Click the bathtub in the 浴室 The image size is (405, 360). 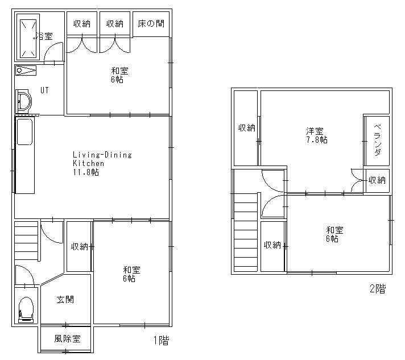point(28,36)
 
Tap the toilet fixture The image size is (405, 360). point(26,310)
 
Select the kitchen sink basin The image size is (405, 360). point(25,132)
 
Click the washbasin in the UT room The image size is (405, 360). point(23,101)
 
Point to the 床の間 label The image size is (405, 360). point(151,24)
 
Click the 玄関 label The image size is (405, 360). point(65,300)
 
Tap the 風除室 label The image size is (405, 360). point(68,338)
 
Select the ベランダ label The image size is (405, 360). point(378,140)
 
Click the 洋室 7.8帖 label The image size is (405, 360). point(317,135)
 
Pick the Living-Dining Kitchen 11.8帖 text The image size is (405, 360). point(102,163)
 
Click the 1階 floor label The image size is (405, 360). point(162,340)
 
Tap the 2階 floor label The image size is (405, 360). point(378,288)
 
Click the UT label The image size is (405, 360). point(44,90)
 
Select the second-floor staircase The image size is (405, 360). point(246,233)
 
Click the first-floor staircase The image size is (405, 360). point(27,241)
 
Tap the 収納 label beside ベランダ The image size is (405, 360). point(377,180)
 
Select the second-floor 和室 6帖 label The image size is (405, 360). point(334,234)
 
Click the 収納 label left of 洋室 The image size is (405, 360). point(247,127)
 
